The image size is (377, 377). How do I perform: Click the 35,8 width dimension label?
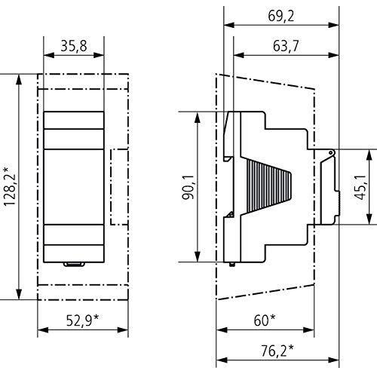tap(74, 47)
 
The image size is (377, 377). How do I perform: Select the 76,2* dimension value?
tap(276, 349)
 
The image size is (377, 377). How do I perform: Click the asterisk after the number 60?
tap(273, 317)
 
